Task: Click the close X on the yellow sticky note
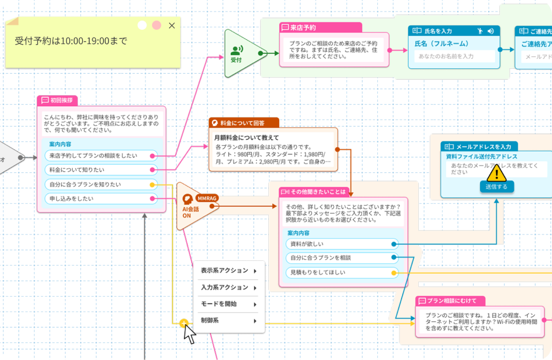(x=171, y=25)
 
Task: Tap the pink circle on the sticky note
(x=156, y=25)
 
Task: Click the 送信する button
(x=496, y=187)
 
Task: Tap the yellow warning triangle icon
(x=497, y=173)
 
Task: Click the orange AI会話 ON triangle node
(x=193, y=206)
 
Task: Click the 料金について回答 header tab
(x=243, y=123)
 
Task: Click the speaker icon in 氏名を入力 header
(x=490, y=31)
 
